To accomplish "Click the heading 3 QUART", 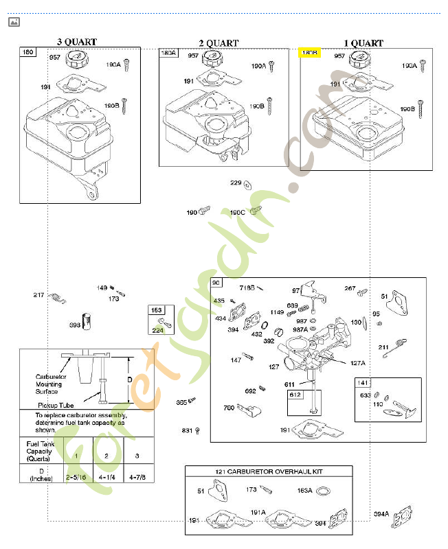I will tap(77, 42).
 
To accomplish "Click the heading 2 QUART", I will tap(219, 43).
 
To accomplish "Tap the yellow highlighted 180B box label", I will tap(309, 52).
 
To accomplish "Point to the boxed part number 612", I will tap(294, 395).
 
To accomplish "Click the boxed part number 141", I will tap(363, 383).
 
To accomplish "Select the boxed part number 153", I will tap(156, 310).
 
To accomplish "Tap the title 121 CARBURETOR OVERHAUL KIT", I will tap(268, 471).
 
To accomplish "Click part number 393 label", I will tap(75, 325).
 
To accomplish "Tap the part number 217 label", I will tap(39, 295).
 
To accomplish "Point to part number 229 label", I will tap(236, 183).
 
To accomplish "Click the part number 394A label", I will tap(381, 513).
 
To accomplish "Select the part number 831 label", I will tap(186, 430).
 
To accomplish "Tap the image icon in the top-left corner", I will tap(14, 23).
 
